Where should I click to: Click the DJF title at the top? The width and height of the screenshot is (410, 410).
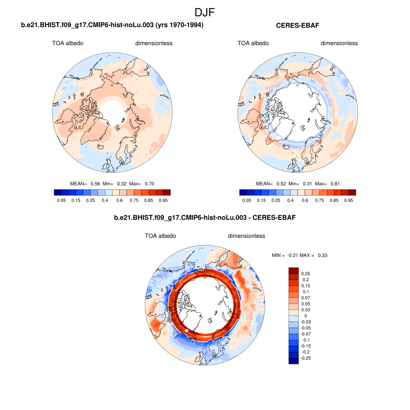point(205,12)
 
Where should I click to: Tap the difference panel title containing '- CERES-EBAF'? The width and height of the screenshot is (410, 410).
point(205,218)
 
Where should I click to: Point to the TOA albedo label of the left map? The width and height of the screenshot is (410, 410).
point(68,43)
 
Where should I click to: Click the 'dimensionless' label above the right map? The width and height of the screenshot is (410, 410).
point(339,43)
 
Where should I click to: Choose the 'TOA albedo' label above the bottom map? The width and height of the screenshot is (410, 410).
point(160,236)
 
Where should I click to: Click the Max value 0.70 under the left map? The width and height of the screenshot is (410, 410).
point(149,184)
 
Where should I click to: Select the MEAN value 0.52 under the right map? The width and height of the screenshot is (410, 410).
point(281,184)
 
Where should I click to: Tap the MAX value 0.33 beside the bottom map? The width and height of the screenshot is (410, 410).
point(323,255)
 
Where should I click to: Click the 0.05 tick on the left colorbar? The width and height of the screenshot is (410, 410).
point(61,200)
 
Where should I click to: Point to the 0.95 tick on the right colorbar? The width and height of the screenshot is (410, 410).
point(348,200)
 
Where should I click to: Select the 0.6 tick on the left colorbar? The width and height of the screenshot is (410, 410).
point(119,200)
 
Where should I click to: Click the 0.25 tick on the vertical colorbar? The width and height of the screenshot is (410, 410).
point(306,273)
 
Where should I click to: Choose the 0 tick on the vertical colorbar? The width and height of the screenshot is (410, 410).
point(306,316)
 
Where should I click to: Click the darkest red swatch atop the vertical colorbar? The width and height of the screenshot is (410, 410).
point(293,270)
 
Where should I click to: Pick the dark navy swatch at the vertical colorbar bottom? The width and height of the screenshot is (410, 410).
point(293,361)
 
